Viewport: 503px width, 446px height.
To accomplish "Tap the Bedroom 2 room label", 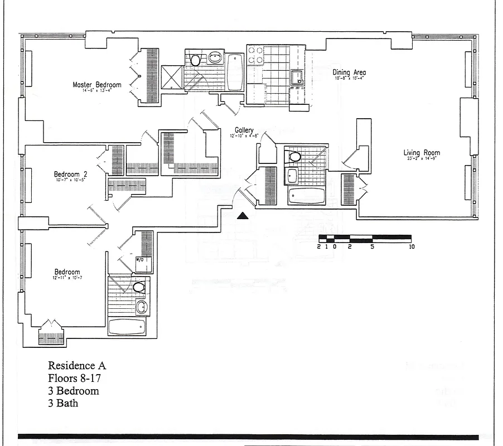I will pyautogui.click(x=70, y=173).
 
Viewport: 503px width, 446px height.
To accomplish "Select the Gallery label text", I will pyautogui.click(x=244, y=130).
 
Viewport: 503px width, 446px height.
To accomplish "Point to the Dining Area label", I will pyautogui.click(x=349, y=72).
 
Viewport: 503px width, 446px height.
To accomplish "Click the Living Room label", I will pyautogui.click(x=422, y=153).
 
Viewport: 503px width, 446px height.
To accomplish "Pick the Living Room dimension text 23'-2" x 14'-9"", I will pyautogui.click(x=422, y=159).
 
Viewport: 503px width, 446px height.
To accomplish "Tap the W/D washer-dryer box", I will pyautogui.click(x=140, y=260).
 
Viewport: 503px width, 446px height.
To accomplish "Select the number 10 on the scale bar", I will pyautogui.click(x=412, y=246).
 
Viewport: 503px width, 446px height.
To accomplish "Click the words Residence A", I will pyautogui.click(x=77, y=366).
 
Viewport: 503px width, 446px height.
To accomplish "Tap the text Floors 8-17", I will pyautogui.click(x=74, y=378).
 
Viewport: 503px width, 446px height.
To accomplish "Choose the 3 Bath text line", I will pyautogui.click(x=63, y=403).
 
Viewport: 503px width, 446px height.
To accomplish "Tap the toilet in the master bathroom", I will pyautogui.click(x=195, y=60).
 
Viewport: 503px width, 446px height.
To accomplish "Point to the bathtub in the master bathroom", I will pyautogui.click(x=235, y=72).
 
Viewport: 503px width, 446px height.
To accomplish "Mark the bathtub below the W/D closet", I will pyautogui.click(x=127, y=327).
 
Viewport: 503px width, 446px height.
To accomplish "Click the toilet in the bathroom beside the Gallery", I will pyautogui.click(x=295, y=156).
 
